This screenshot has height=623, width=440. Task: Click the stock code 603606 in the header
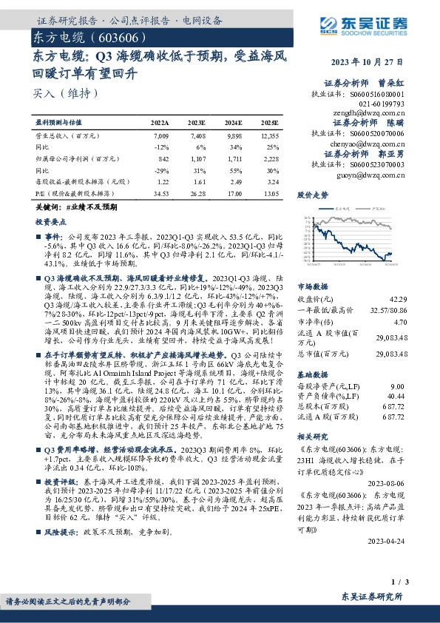click(x=111, y=36)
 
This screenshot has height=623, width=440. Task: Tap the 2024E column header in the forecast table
click(x=233, y=122)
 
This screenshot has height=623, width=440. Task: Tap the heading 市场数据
click(x=312, y=285)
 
